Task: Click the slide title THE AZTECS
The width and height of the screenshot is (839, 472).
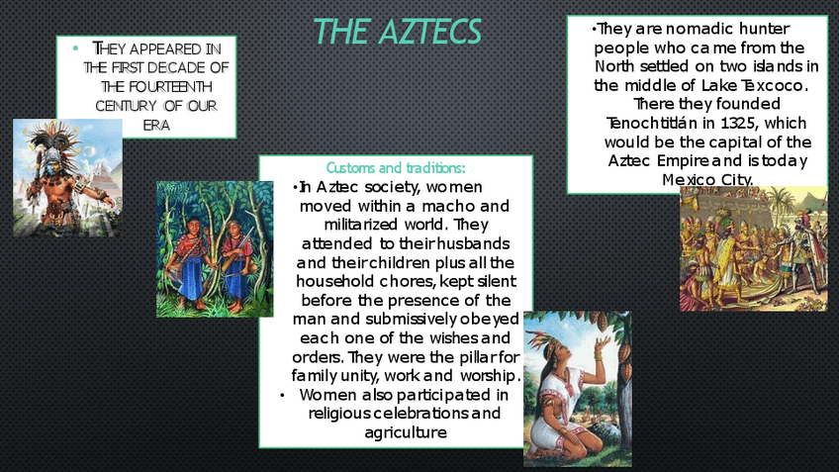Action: pos(397,31)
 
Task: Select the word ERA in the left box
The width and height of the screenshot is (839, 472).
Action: pos(156,126)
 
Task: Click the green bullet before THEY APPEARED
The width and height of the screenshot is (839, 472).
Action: pos(75,48)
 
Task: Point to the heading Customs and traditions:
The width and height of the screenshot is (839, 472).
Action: pos(396,168)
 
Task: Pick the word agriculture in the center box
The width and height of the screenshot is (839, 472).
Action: pos(406,432)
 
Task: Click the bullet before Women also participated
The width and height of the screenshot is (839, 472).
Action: pos(282,396)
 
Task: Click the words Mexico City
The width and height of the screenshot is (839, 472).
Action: pos(707,180)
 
